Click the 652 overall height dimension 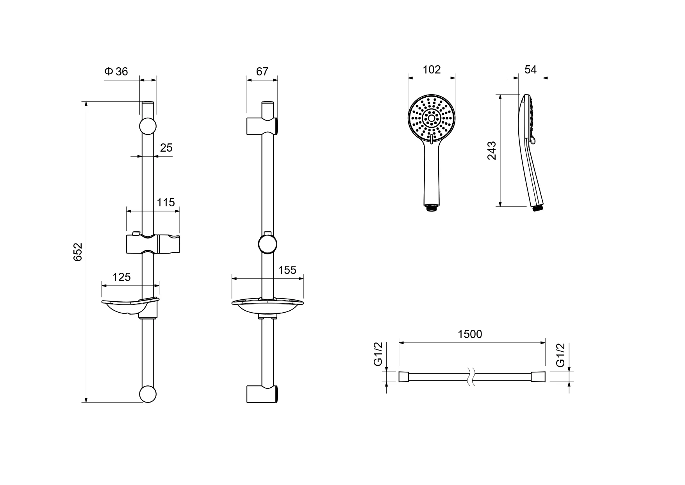(78, 252)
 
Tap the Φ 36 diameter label (116, 72)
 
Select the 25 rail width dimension (166, 148)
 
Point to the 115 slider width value (166, 202)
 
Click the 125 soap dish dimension (121, 277)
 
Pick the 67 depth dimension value (262, 72)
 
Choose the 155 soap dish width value (287, 270)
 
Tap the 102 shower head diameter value (432, 70)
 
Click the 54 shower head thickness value (530, 70)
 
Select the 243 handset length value (492, 150)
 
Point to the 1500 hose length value (470, 335)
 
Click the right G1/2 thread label (560, 354)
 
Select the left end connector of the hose (403, 377)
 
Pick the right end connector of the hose (539, 377)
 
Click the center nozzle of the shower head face (432, 118)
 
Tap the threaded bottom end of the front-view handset (432, 208)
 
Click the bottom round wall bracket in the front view (148, 394)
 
